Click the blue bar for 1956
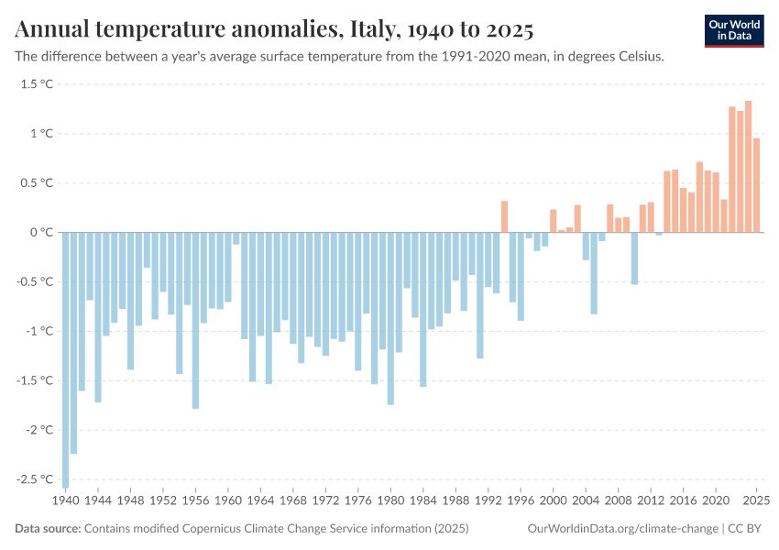(x=195, y=320)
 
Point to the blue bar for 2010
(x=634, y=258)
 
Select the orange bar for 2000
(x=554, y=221)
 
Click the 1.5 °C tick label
(x=37, y=84)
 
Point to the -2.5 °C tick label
(x=34, y=479)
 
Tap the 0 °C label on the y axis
(x=42, y=233)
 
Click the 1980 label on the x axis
(x=390, y=501)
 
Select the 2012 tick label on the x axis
(x=651, y=501)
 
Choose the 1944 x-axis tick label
(x=98, y=501)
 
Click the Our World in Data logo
(x=733, y=29)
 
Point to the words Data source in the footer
(x=48, y=529)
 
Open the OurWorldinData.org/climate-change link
(x=624, y=529)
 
